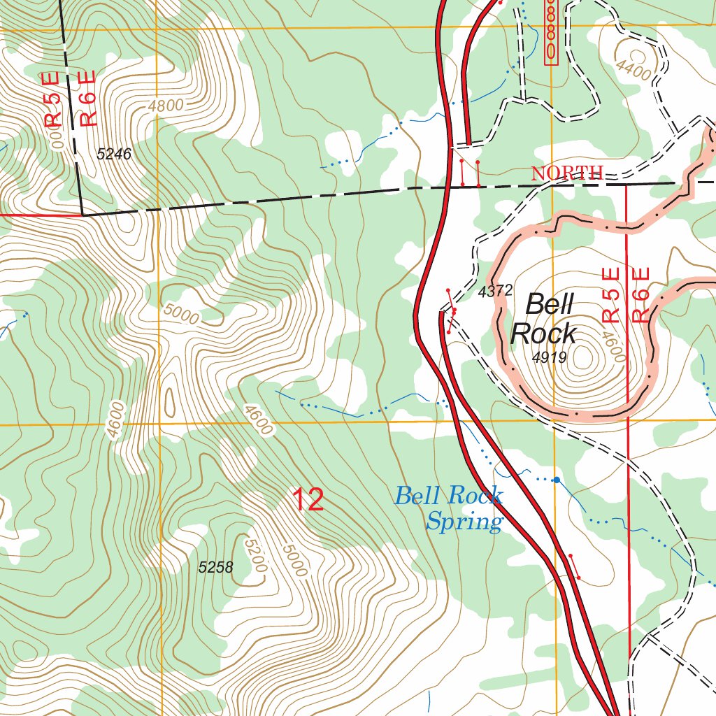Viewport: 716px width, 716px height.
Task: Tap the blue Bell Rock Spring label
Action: pos(449,508)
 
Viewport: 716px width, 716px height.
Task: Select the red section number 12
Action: pos(308,500)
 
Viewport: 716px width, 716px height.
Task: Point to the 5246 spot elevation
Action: pos(114,155)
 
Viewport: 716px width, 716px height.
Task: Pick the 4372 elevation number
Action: pos(496,291)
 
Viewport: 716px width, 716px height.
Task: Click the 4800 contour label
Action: pos(166,106)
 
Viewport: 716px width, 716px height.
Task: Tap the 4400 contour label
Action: pos(634,70)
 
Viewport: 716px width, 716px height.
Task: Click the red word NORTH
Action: pos(567,173)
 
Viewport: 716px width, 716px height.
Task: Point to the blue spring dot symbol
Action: pos(556,480)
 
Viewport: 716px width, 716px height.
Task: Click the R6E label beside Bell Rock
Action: pos(641,295)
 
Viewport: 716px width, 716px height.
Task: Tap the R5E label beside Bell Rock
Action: pos(611,295)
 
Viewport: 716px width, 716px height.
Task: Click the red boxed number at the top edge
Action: pos(551,32)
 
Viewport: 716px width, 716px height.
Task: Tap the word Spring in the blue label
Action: pos(464,522)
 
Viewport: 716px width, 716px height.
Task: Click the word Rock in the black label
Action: pos(543,334)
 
